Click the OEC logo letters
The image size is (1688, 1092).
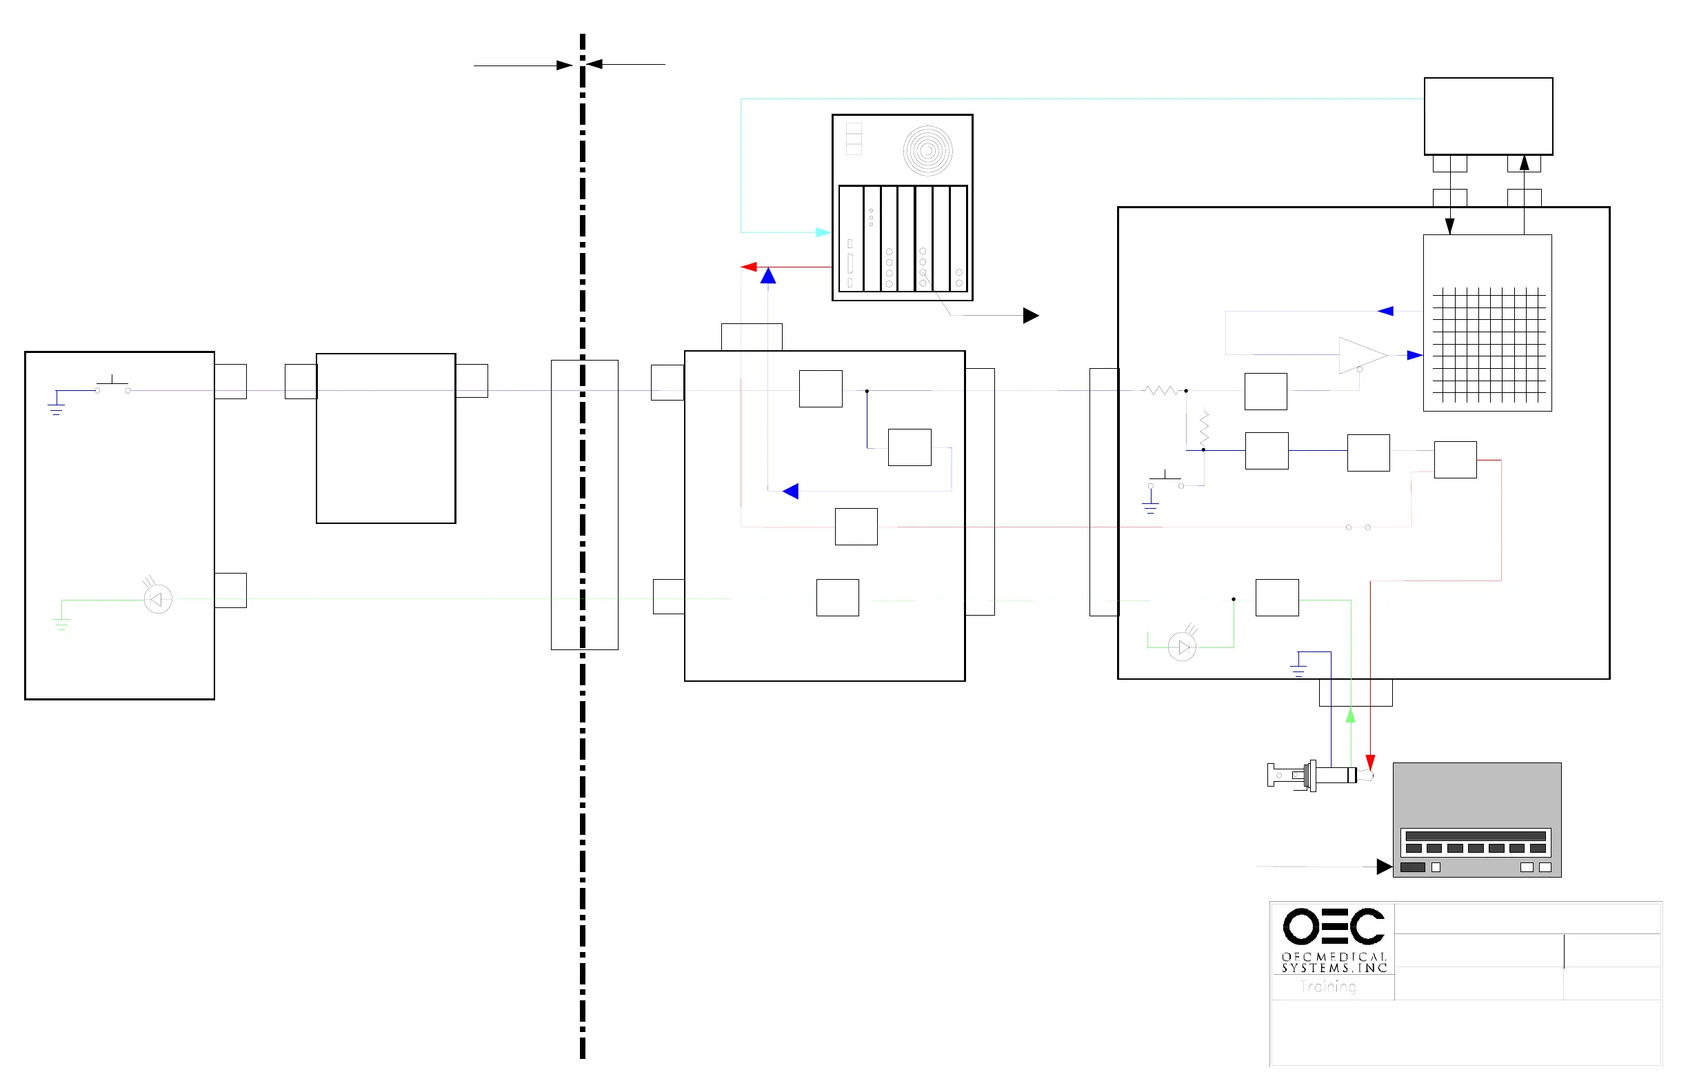[x=1333, y=926]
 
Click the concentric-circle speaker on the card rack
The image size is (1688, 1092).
[x=927, y=150]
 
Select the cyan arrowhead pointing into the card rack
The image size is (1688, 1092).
[x=823, y=232]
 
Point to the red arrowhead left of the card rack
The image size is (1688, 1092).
[x=749, y=267]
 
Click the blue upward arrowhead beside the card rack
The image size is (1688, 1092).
[x=768, y=276]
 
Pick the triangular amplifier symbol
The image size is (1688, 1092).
[x=1360, y=355]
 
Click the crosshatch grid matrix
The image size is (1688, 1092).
[x=1488, y=345]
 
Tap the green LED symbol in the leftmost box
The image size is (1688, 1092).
[x=157, y=600]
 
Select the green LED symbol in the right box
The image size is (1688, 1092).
[x=1182, y=647]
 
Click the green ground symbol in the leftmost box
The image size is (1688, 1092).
[x=61, y=624]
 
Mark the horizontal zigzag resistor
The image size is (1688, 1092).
[x=1162, y=391]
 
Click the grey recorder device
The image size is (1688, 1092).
[x=1476, y=820]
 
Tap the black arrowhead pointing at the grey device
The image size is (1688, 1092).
[x=1384, y=867]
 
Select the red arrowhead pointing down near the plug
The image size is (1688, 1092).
[x=1370, y=762]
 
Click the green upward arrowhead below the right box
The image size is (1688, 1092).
[x=1350, y=716]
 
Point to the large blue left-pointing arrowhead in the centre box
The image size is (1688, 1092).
[x=791, y=491]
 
